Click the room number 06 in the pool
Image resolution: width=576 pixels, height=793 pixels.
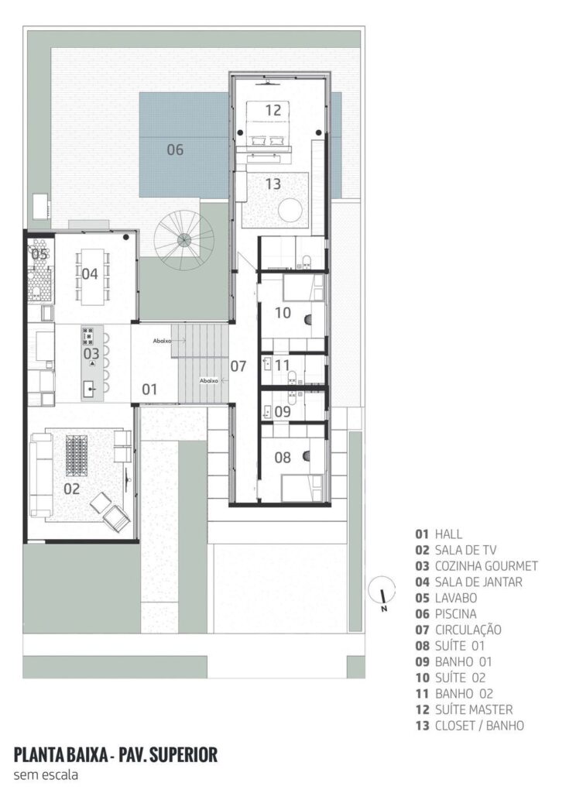point(175,149)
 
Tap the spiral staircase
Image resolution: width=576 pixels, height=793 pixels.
point(184,240)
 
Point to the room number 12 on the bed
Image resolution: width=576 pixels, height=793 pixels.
point(273,110)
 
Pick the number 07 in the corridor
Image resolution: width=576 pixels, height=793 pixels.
point(238,366)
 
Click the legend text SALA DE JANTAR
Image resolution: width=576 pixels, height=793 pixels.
point(478,582)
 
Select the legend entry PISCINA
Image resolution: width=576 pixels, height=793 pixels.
point(455,613)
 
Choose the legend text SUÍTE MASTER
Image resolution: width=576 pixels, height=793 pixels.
point(473,709)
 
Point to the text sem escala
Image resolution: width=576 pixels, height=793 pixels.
point(46,774)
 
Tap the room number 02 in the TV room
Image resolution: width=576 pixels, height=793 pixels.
point(72,489)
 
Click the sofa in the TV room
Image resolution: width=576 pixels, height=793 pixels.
point(39,474)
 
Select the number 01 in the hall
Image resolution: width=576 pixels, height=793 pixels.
point(149,390)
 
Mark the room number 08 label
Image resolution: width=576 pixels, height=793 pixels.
point(282,457)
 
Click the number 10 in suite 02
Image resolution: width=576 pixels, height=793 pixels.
point(283,313)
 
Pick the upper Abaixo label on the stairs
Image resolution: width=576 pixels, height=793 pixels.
point(163,341)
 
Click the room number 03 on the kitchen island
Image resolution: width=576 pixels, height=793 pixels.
point(91,353)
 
